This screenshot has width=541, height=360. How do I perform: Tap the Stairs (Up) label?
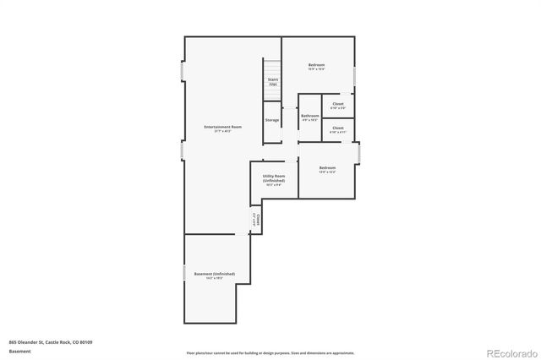coord(272,82)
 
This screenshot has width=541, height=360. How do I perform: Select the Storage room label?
coord(272,120)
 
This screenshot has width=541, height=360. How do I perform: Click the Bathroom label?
coord(310,117)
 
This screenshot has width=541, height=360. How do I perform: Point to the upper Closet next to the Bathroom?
coord(337,106)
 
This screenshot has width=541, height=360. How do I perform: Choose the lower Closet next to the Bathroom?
coord(337,130)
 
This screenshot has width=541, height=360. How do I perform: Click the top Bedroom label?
coord(316,66)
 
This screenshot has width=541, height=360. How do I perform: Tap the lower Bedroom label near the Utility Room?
coord(327,169)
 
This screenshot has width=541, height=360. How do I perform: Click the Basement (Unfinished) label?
coord(215,275)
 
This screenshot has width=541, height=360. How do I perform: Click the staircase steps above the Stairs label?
coord(272,68)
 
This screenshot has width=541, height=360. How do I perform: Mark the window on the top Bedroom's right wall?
coord(355,76)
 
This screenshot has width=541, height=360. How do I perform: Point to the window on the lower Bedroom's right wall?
coord(360,154)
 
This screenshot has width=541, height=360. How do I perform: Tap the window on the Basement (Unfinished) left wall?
coord(184,274)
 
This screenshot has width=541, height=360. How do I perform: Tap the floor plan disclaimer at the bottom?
coord(270,352)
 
